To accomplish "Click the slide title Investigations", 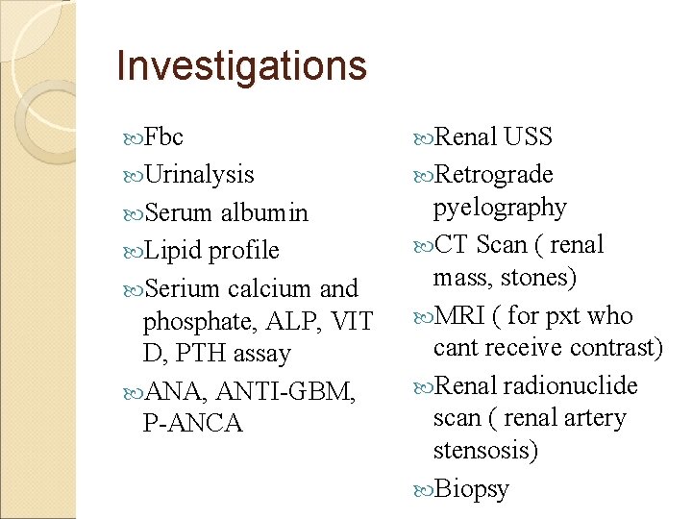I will pyautogui.click(x=241, y=66).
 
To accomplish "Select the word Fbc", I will pyautogui.click(x=163, y=136).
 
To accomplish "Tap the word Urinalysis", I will pyautogui.click(x=199, y=175).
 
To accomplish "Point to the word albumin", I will pyautogui.click(x=264, y=212).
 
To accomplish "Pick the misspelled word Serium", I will pyautogui.click(x=184, y=288).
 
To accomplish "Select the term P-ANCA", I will pyautogui.click(x=193, y=424).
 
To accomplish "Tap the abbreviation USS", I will pyautogui.click(x=529, y=136).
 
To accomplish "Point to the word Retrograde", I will pyautogui.click(x=494, y=175).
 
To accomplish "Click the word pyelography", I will pyautogui.click(x=500, y=208).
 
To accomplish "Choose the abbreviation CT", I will pyautogui.click(x=453, y=245).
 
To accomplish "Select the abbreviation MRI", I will pyautogui.click(x=461, y=315).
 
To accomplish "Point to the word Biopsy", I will pyautogui.click(x=472, y=489).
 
